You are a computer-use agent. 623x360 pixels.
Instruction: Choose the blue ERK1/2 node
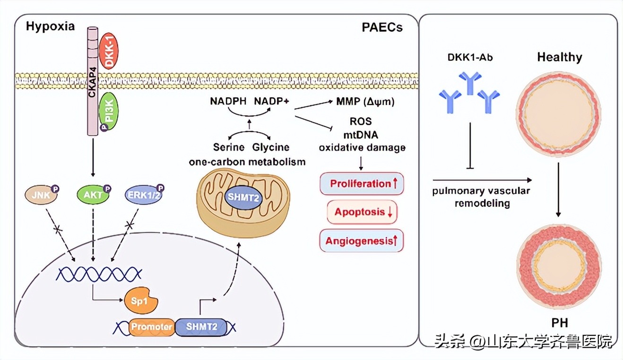click(x=143, y=194)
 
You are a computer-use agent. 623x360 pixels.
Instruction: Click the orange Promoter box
click(x=151, y=326)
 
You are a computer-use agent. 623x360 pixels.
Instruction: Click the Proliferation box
click(x=362, y=184)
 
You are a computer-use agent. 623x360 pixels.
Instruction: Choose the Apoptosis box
click(x=362, y=212)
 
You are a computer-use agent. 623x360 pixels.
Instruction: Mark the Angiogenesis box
click(x=362, y=241)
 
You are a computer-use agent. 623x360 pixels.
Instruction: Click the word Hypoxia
click(x=51, y=26)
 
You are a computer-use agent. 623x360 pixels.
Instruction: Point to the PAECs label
click(x=382, y=27)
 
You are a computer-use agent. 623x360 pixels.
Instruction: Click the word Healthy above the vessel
click(x=559, y=58)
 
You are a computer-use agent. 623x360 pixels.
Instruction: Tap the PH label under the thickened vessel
click(x=559, y=323)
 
